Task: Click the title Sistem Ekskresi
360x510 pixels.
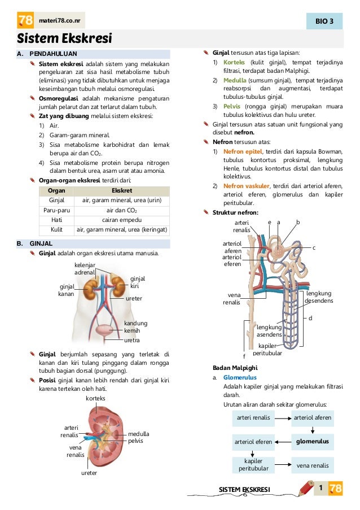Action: [x=64, y=39]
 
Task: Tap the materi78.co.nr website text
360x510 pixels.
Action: [x=59, y=21]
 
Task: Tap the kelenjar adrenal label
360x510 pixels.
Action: [x=85, y=268]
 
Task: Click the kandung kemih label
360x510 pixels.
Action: [x=135, y=326]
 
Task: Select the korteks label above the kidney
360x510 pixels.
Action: [x=95, y=398]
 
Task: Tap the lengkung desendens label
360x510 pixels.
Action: [x=319, y=297]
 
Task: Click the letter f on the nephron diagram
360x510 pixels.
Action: [x=244, y=357]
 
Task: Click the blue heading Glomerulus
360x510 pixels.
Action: [x=240, y=377]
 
